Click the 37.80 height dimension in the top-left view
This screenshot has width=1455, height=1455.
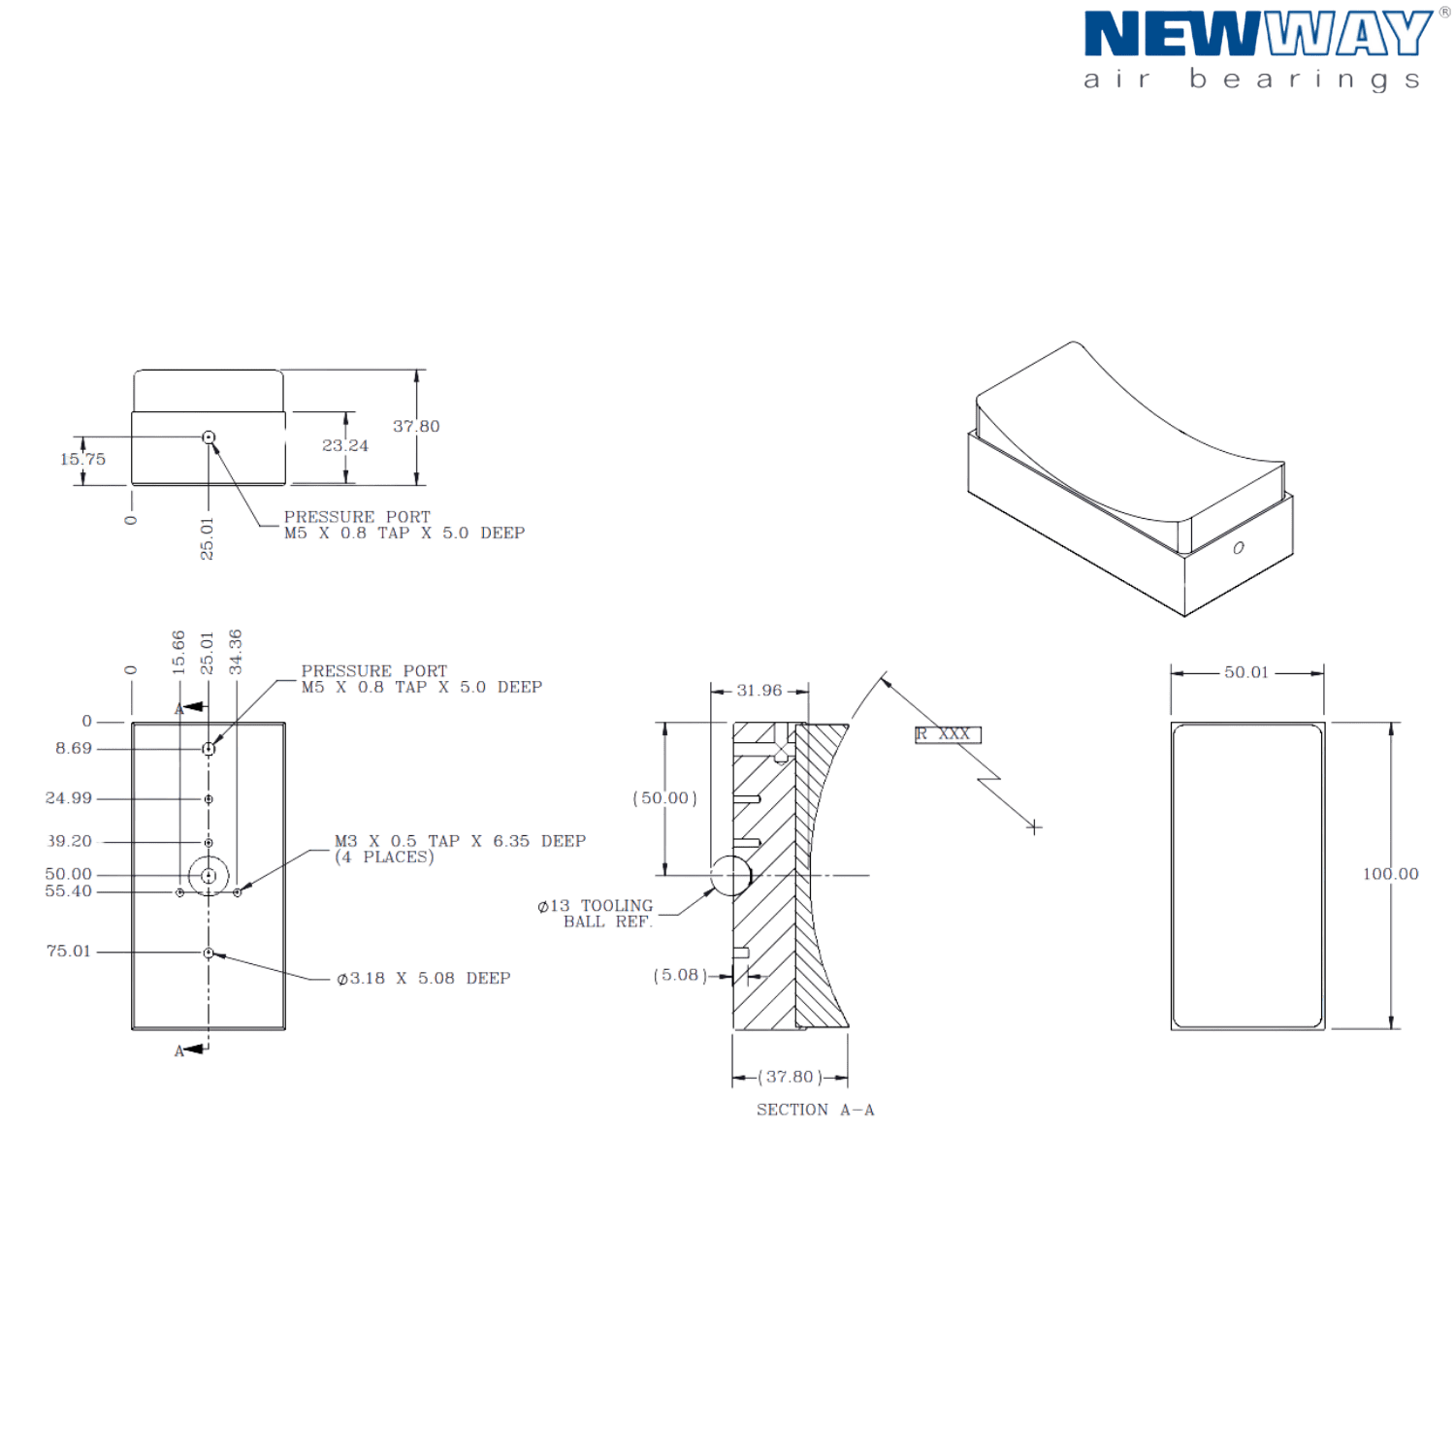point(416,427)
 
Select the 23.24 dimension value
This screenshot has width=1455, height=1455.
point(345,445)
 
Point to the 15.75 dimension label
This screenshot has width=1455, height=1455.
point(82,459)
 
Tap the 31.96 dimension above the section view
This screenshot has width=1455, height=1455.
point(759,691)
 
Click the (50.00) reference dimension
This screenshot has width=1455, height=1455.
point(664,798)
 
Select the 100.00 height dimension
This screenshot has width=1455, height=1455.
point(1390,874)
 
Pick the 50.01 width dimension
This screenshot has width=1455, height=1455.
point(1245,672)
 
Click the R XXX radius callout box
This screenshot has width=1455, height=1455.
point(948,734)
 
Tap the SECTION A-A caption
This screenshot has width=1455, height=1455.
point(815,1110)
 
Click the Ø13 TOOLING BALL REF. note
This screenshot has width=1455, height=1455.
point(596,914)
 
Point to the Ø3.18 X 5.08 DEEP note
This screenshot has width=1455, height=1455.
point(424,979)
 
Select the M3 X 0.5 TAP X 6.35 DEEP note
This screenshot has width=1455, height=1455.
point(460,849)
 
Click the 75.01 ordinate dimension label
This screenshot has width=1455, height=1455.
point(68,952)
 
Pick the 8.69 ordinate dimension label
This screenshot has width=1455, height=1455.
point(74,749)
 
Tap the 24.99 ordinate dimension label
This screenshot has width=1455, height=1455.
point(68,798)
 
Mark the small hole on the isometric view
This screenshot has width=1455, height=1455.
point(1239,548)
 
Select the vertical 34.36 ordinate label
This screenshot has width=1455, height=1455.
point(236,652)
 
